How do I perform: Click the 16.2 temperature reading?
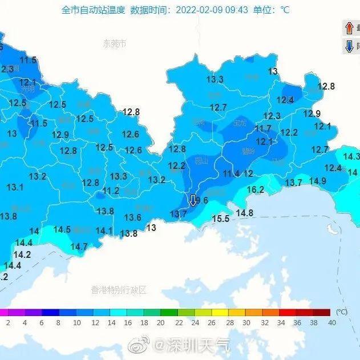[x=255, y=190]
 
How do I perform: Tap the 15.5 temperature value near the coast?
[x=220, y=219]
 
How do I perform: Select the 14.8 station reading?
[x=244, y=213]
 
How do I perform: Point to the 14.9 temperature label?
[x=317, y=181]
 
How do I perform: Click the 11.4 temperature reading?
[x=231, y=173]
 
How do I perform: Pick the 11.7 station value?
[x=263, y=128]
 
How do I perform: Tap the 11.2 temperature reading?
[x=111, y=191]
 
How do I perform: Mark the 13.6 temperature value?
[x=132, y=217]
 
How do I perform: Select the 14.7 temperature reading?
[x=79, y=246]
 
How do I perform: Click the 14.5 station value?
[x=62, y=229]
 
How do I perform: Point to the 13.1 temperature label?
[x=15, y=187]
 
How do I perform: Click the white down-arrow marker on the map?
[x=193, y=200]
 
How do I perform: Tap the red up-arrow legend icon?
[x=349, y=27]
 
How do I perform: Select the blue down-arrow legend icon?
[x=349, y=46]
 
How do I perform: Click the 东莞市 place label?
[x=114, y=43]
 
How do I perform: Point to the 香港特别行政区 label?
[x=119, y=290]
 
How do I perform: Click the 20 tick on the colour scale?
[x=161, y=322]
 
